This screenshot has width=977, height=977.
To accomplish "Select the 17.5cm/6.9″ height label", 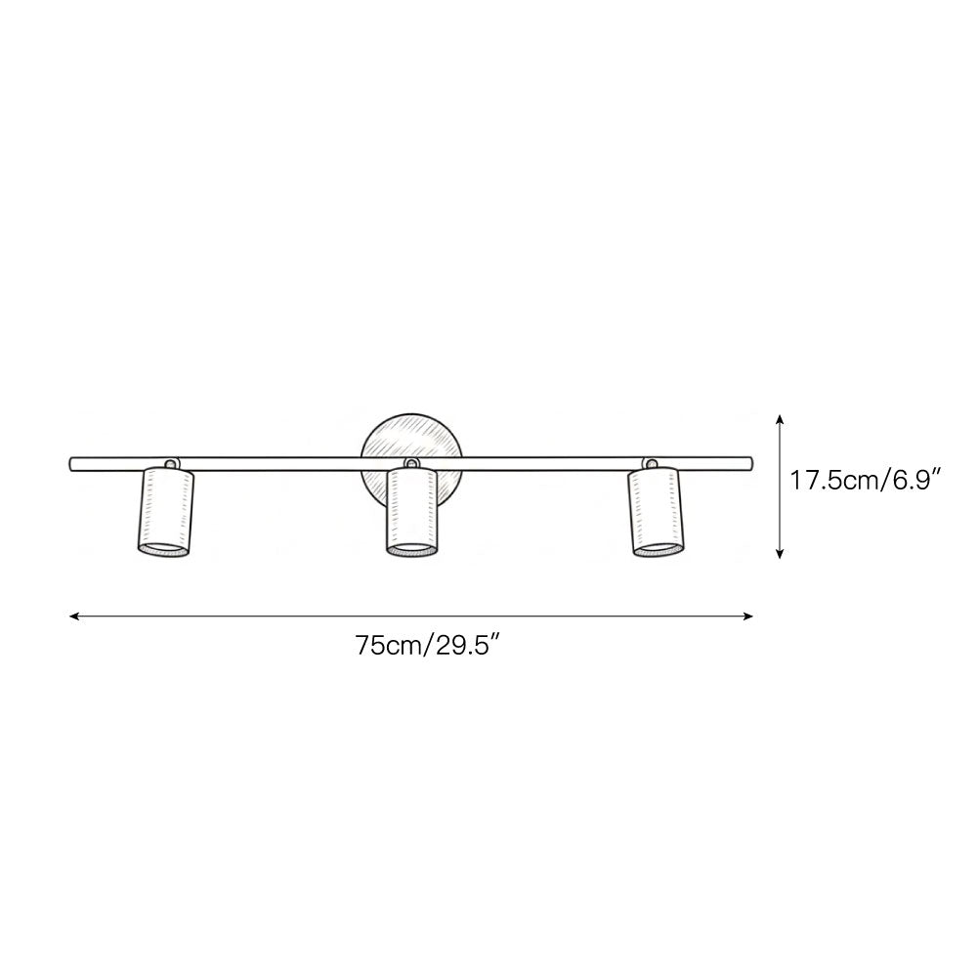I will coord(866,481).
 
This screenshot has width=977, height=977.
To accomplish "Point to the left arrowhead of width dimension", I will coord(74,616).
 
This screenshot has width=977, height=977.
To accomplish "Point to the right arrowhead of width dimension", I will coord(748,616).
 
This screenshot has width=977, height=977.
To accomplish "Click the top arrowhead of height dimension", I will coord(780,418).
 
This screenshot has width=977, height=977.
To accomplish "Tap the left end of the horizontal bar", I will coord(70,462).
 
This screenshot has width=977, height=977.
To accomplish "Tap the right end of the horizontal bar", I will coord(750,458).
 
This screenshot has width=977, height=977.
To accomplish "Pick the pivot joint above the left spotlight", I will coord(170,463).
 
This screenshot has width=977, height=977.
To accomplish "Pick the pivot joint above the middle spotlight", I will coord(411,463).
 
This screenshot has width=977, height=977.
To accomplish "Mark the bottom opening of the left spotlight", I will coord(162,551).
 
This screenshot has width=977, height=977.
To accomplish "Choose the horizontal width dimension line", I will coord(410,616).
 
